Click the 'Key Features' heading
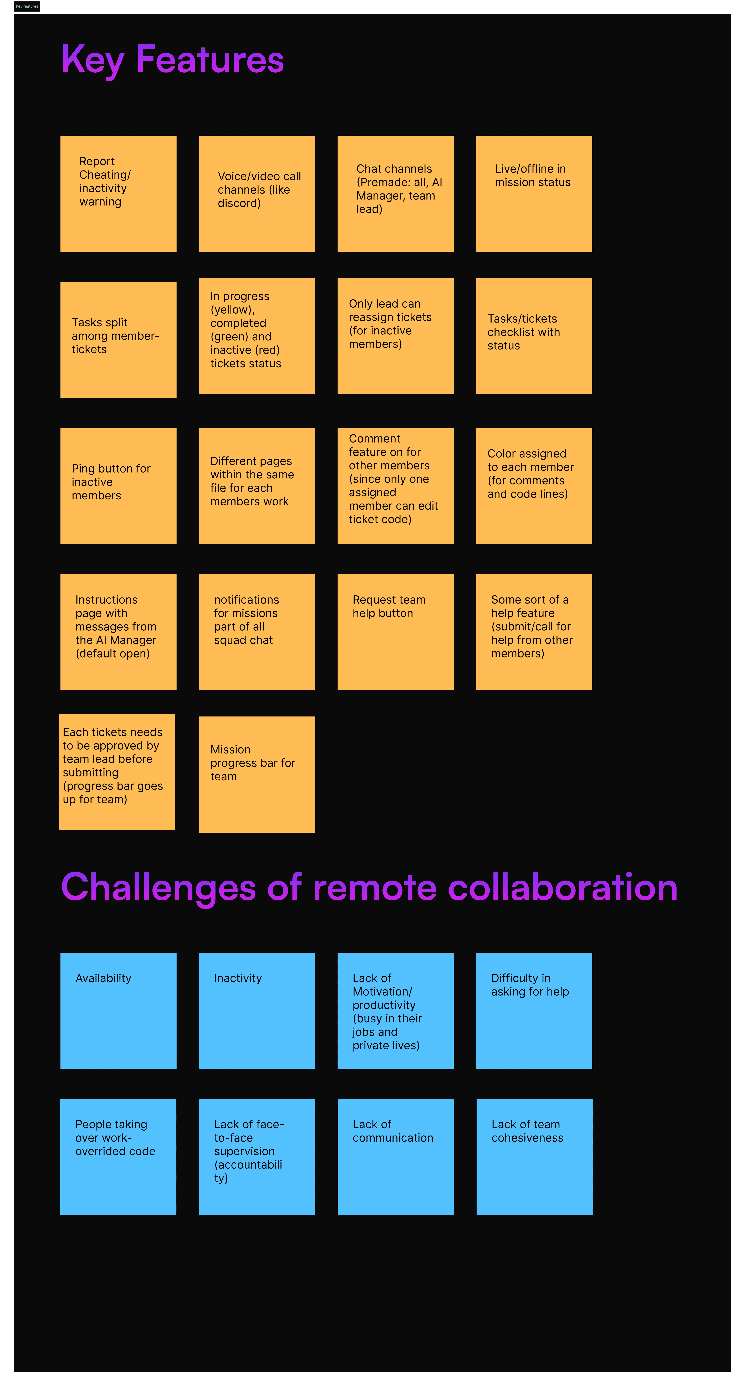(172, 59)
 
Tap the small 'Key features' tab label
(27, 6)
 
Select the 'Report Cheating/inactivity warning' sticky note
(118, 194)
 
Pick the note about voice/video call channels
(257, 194)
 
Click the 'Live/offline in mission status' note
(534, 194)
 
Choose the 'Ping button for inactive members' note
(118, 486)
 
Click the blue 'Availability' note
(118, 1010)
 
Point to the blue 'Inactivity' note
(257, 1010)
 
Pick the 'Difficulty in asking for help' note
(534, 1010)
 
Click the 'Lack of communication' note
(395, 1157)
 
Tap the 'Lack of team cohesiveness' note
(534, 1157)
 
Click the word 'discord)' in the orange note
(239, 203)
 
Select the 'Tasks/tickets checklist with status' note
(534, 336)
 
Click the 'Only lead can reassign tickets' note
(395, 336)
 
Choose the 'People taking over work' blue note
(118, 1157)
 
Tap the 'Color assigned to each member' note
(534, 486)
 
